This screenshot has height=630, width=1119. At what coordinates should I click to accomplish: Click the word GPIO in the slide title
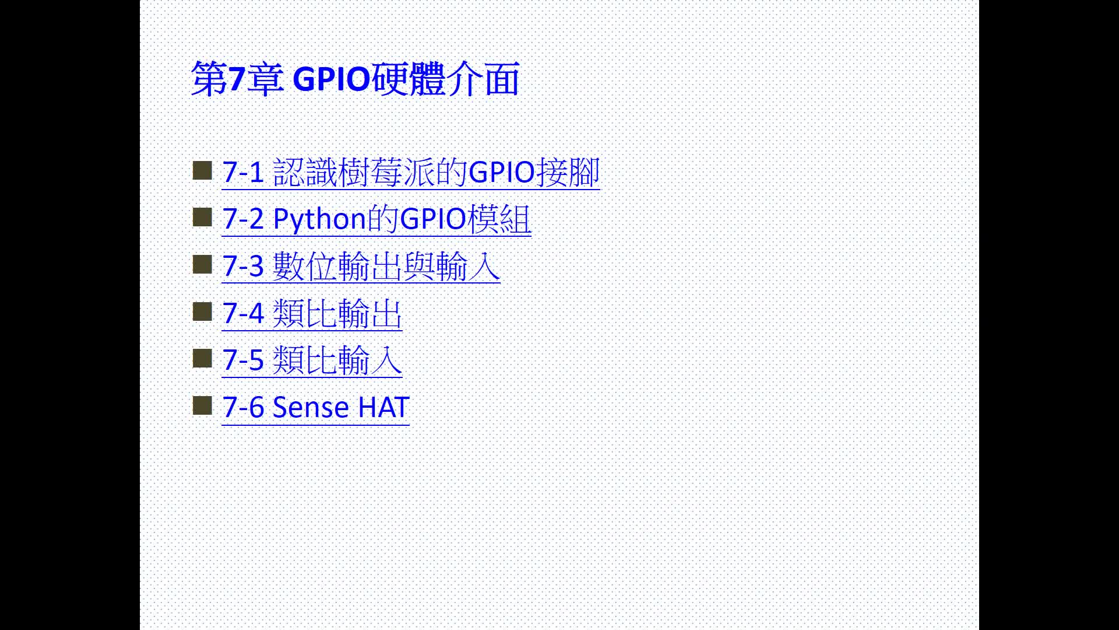pyautogui.click(x=331, y=79)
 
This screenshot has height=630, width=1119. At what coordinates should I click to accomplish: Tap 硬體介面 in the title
pyautogui.click(x=445, y=79)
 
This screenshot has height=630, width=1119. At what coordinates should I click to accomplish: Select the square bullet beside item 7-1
pyautogui.click(x=202, y=171)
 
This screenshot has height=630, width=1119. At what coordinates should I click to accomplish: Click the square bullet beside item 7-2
pyautogui.click(x=202, y=218)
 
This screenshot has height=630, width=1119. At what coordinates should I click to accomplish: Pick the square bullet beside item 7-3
pyautogui.click(x=202, y=265)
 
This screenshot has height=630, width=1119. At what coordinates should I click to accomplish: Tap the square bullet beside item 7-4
pyautogui.click(x=202, y=311)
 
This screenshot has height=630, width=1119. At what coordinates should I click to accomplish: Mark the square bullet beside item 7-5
pyautogui.click(x=202, y=359)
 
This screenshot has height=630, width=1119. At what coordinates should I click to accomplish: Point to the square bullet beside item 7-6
pyautogui.click(x=202, y=405)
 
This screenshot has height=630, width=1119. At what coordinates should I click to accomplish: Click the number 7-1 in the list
pyautogui.click(x=244, y=173)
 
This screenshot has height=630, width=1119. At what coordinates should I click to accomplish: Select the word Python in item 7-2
pyautogui.click(x=319, y=220)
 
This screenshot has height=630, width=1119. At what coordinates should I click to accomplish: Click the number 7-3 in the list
pyautogui.click(x=244, y=267)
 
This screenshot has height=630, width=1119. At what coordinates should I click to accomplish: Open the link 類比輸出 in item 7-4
pyautogui.click(x=337, y=314)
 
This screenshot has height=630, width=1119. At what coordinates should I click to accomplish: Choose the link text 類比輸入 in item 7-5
pyautogui.click(x=337, y=360)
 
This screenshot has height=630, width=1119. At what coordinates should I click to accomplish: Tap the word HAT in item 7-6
pyautogui.click(x=383, y=407)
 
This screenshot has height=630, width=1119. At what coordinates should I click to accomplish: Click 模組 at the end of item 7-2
pyautogui.click(x=499, y=220)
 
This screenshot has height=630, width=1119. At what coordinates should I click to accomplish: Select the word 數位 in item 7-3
pyautogui.click(x=305, y=267)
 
